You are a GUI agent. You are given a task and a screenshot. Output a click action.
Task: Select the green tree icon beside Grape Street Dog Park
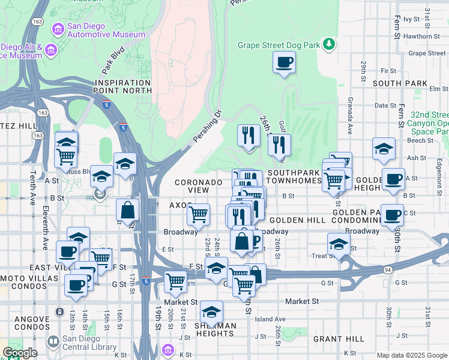click(x=329, y=44)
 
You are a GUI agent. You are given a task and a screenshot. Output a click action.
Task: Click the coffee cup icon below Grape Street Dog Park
click(x=284, y=62)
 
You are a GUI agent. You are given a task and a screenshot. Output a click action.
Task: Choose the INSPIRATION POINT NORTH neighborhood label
click(x=122, y=86)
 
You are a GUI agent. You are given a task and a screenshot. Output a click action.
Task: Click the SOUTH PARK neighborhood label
click(x=400, y=83)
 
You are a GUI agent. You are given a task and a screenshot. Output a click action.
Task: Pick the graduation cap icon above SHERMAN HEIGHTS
click(x=211, y=312)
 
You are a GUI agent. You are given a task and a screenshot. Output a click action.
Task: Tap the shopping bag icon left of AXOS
click(x=128, y=210)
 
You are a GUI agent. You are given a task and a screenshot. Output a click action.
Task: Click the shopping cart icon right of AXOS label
click(x=198, y=214)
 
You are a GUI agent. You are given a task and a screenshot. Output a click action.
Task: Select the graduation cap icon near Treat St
click(x=339, y=244)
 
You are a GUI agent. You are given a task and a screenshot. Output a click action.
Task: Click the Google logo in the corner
click(x=20, y=353)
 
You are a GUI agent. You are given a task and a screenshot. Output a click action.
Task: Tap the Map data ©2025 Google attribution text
click(x=411, y=355)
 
